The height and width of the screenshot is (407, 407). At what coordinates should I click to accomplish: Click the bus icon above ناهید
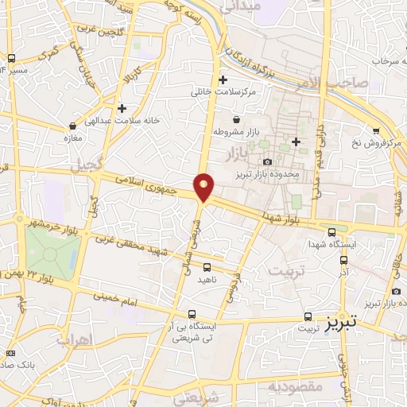[x=207, y=267]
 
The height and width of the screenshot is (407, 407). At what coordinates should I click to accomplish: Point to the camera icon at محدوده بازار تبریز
[x=269, y=162]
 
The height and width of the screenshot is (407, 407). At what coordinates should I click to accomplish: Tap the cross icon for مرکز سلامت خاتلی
[x=223, y=79]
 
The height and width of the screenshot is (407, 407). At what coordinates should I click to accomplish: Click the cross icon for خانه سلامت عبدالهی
[x=122, y=108]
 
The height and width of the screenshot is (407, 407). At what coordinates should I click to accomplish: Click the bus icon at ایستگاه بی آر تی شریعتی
[x=191, y=315]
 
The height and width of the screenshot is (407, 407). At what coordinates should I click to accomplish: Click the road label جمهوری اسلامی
[x=151, y=185]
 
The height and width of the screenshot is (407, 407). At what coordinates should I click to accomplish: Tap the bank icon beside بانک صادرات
[x=10, y=353]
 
